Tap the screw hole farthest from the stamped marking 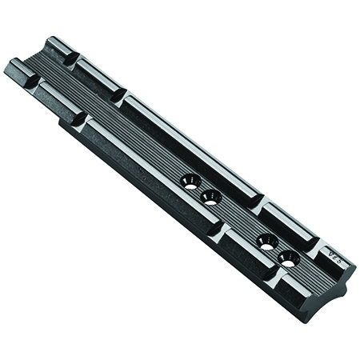190,181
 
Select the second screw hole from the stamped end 267,240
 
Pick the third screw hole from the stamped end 210,197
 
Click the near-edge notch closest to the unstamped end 34,81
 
